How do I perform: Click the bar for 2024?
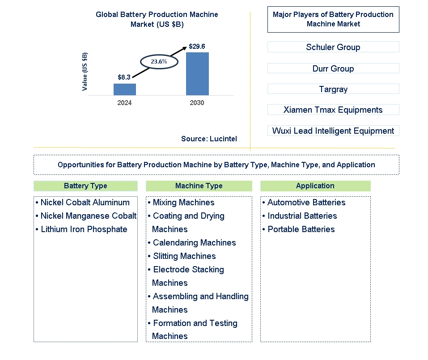click(125, 89)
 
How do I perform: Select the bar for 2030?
click(197, 74)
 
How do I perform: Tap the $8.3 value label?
click(124, 77)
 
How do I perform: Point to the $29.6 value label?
click(197, 47)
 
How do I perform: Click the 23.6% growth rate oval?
click(159, 55)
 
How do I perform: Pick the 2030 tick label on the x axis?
click(197, 102)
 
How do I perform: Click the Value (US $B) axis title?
click(85, 72)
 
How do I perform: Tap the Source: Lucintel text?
click(209, 139)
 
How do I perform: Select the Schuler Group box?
click(333, 47)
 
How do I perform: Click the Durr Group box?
click(333, 68)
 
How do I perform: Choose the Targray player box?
click(333, 89)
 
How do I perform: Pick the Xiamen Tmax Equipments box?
click(333, 110)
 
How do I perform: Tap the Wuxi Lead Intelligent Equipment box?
click(333, 131)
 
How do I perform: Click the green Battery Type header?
click(85, 186)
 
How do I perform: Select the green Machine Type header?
click(199, 186)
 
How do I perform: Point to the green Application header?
click(316, 186)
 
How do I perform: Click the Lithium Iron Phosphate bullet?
click(81, 229)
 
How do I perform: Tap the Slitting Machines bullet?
click(182, 256)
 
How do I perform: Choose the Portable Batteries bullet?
click(298, 229)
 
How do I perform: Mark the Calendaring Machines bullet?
click(191, 243)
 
